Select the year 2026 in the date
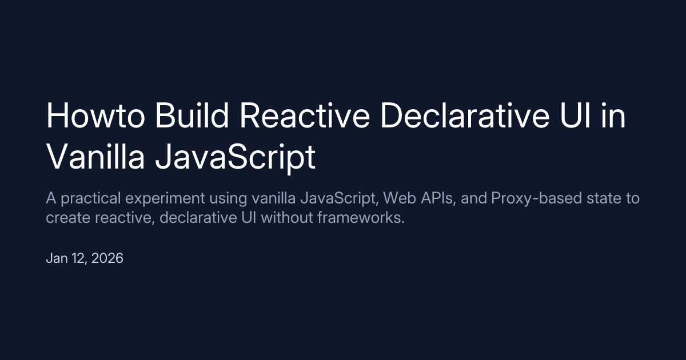[x=108, y=258]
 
